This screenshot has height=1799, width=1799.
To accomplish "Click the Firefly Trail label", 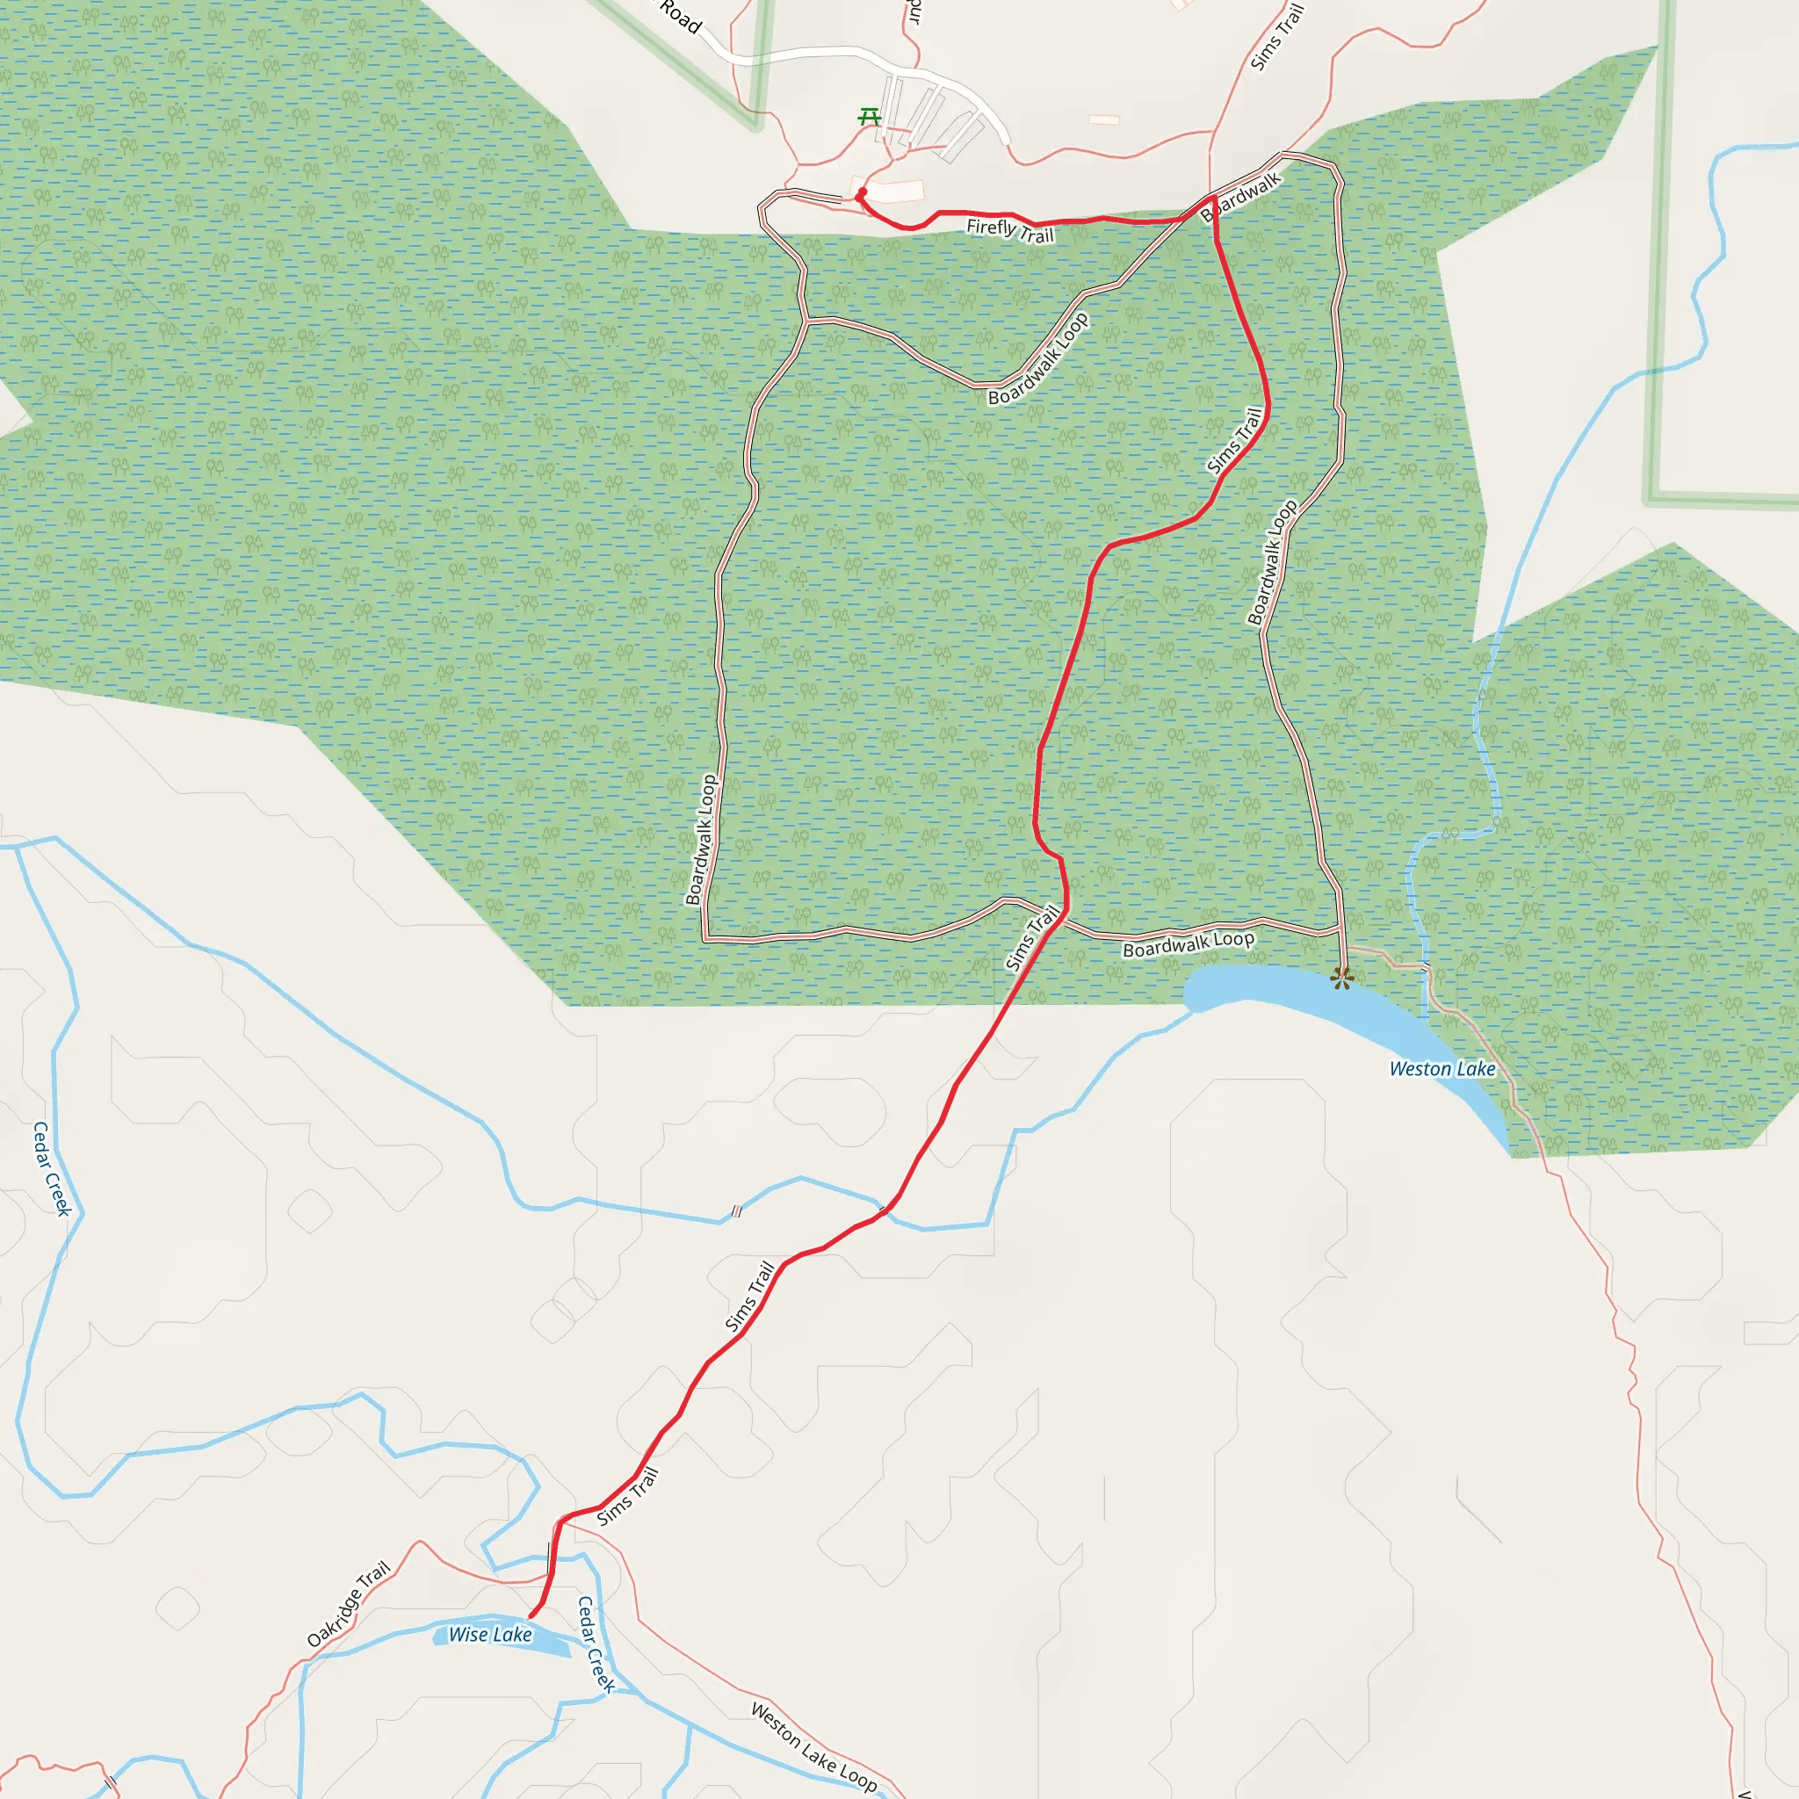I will point(1009,230).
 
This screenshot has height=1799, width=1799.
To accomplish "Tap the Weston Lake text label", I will point(1441,1069).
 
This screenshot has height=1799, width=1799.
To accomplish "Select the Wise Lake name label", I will point(490,1634).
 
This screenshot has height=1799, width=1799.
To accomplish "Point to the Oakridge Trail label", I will point(348,1603).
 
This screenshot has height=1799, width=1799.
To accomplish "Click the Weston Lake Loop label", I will point(813,1748).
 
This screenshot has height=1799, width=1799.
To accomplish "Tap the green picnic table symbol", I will point(869,117).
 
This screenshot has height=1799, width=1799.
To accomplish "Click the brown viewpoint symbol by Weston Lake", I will point(1340,978).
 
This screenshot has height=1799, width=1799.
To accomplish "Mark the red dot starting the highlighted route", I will point(862,192).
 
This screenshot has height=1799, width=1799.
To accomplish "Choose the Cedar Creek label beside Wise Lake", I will point(596,1644).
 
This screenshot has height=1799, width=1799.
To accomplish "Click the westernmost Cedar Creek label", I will point(52,1168).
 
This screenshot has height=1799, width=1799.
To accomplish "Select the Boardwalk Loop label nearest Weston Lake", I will point(1188,944).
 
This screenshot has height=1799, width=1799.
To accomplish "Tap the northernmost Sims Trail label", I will point(1276,37).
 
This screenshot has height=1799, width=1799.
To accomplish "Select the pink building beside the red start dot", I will point(896,191).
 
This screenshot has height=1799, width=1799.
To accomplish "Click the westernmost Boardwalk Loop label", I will point(701,839).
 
